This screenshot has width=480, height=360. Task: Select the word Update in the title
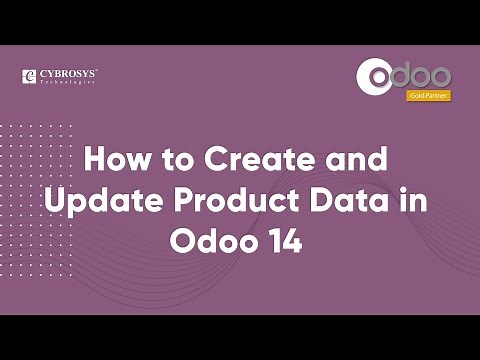pos(92,200)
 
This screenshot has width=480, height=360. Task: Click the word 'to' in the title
pos(172,159)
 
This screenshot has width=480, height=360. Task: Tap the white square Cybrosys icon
pos(29,76)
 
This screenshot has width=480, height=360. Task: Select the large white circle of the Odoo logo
pos(380,78)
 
